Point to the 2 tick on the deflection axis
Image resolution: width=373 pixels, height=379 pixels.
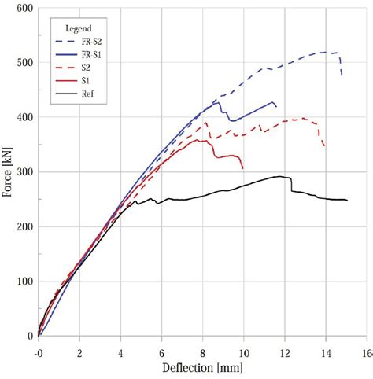coord(79,354)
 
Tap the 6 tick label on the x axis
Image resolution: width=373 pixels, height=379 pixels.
coord(161,354)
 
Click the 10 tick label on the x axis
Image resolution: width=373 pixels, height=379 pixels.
coord(243,354)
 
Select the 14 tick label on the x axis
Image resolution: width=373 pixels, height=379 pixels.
coord(325,354)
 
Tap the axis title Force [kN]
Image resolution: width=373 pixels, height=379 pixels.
coord(9,171)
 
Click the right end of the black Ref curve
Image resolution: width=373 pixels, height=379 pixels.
coord(347,200)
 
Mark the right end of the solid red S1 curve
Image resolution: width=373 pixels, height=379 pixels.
coord(243,168)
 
